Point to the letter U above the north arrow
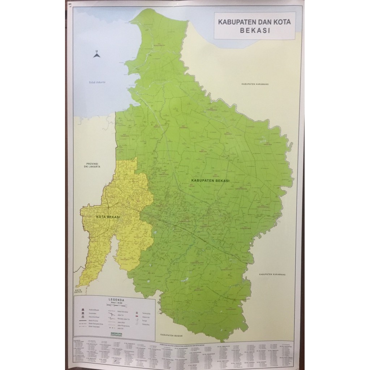[96, 51]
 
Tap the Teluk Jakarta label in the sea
[97, 82]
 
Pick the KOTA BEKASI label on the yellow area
[108, 216]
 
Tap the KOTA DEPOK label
[79, 291]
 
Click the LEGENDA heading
[116, 300]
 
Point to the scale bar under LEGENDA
[116, 305]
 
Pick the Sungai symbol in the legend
[137, 319]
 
